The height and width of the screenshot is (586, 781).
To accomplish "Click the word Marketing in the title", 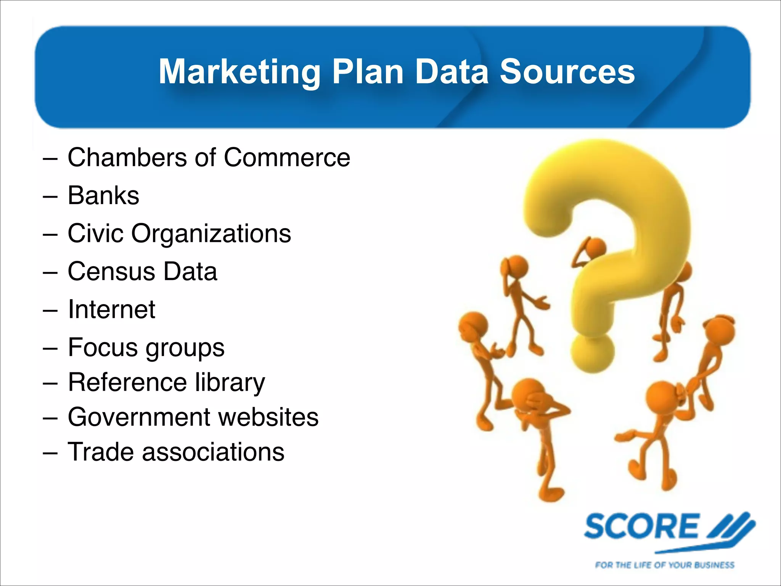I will click(x=239, y=72).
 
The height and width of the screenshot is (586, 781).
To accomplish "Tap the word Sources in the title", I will click(x=567, y=72).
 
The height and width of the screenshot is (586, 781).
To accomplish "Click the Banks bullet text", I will click(x=103, y=195).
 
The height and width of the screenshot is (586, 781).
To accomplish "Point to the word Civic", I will click(x=95, y=233).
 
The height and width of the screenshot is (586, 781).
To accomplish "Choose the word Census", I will click(x=111, y=271).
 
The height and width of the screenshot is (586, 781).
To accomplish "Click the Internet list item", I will click(x=111, y=309).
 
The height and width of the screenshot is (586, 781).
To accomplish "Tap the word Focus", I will click(x=103, y=347).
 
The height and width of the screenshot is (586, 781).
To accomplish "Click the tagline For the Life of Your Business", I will click(x=664, y=565).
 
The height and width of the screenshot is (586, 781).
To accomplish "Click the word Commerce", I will click(x=287, y=157).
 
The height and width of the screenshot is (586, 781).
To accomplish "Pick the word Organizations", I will click(x=211, y=234).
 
